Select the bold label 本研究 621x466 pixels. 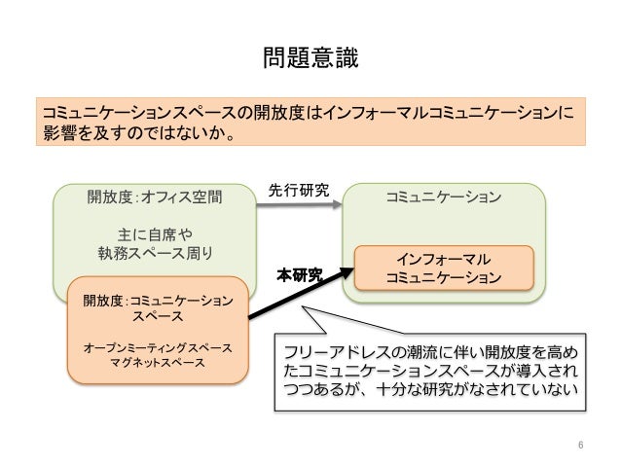(299, 275)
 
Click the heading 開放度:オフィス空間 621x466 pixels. (155, 198)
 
